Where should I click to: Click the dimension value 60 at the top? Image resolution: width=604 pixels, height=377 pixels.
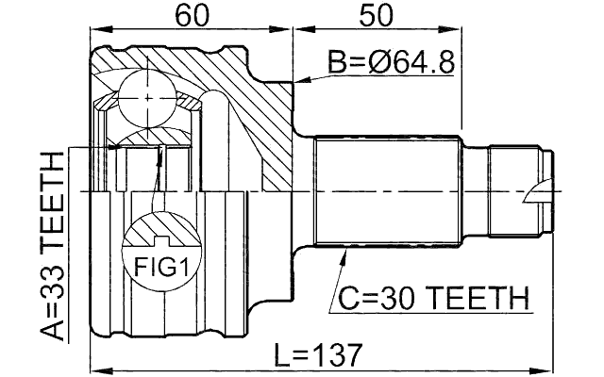(x=192, y=17)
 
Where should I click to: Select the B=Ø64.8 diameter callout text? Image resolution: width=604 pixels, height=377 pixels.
(x=391, y=63)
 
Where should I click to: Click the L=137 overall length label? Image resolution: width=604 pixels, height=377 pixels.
(x=317, y=355)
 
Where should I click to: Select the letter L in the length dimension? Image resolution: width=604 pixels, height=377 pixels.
(x=280, y=355)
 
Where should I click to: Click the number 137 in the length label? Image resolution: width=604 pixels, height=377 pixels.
(x=338, y=355)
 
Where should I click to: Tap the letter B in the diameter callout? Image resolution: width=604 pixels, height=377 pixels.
(x=336, y=63)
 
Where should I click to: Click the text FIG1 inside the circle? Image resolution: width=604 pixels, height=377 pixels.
(x=158, y=268)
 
